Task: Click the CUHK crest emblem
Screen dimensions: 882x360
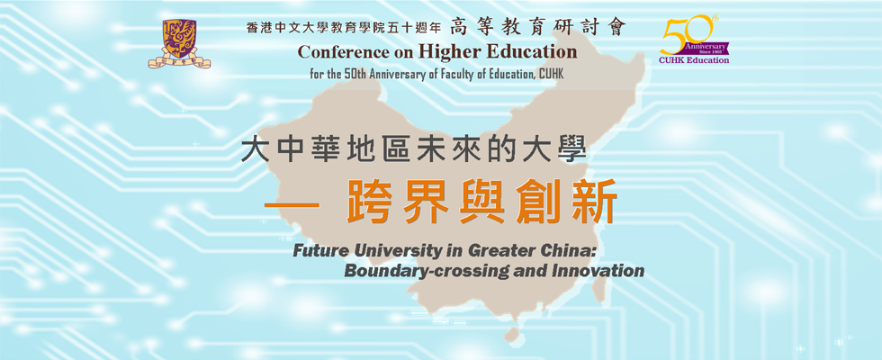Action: point(179,43)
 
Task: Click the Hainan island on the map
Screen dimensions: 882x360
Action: point(512,335)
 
